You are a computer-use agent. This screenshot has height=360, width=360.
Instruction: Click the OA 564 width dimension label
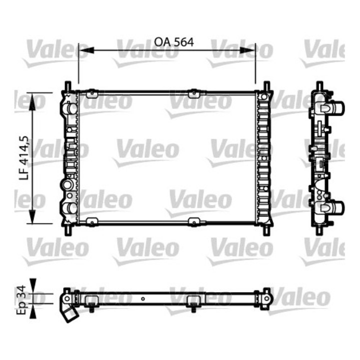click(x=173, y=42)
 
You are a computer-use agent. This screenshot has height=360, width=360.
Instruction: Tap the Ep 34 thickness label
click(x=21, y=299)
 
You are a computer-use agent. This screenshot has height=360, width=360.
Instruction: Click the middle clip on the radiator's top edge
click(x=193, y=92)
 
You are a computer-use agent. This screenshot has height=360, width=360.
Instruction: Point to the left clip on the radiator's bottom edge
click(x=90, y=221)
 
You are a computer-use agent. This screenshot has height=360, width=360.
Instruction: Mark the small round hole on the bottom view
click(x=143, y=300)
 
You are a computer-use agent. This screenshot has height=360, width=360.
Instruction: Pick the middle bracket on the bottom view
click(x=193, y=301)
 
